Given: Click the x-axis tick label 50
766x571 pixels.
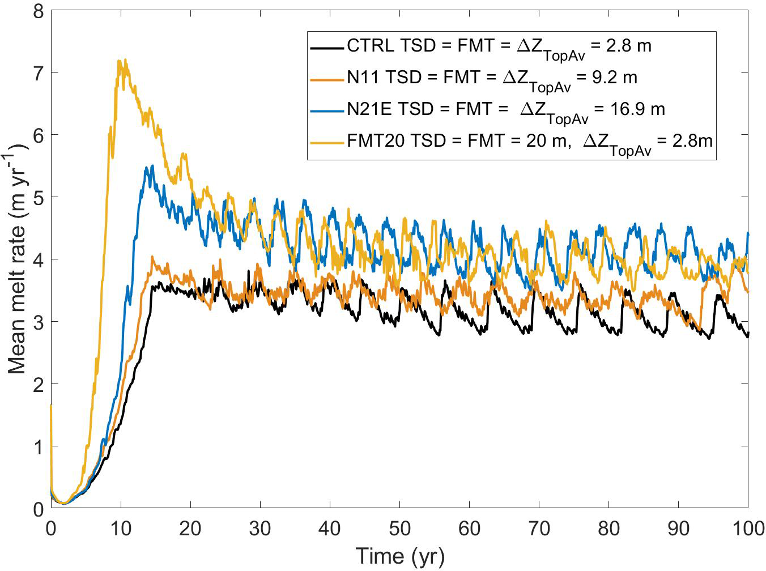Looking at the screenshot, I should [399, 528].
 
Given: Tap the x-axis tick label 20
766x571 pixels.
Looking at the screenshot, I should [190, 528].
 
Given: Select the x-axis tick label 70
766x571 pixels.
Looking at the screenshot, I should [539, 528].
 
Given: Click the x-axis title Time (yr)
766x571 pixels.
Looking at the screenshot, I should [399, 556].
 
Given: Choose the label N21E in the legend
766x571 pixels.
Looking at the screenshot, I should [369, 108].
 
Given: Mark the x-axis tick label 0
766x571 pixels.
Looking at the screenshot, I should [51, 528].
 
